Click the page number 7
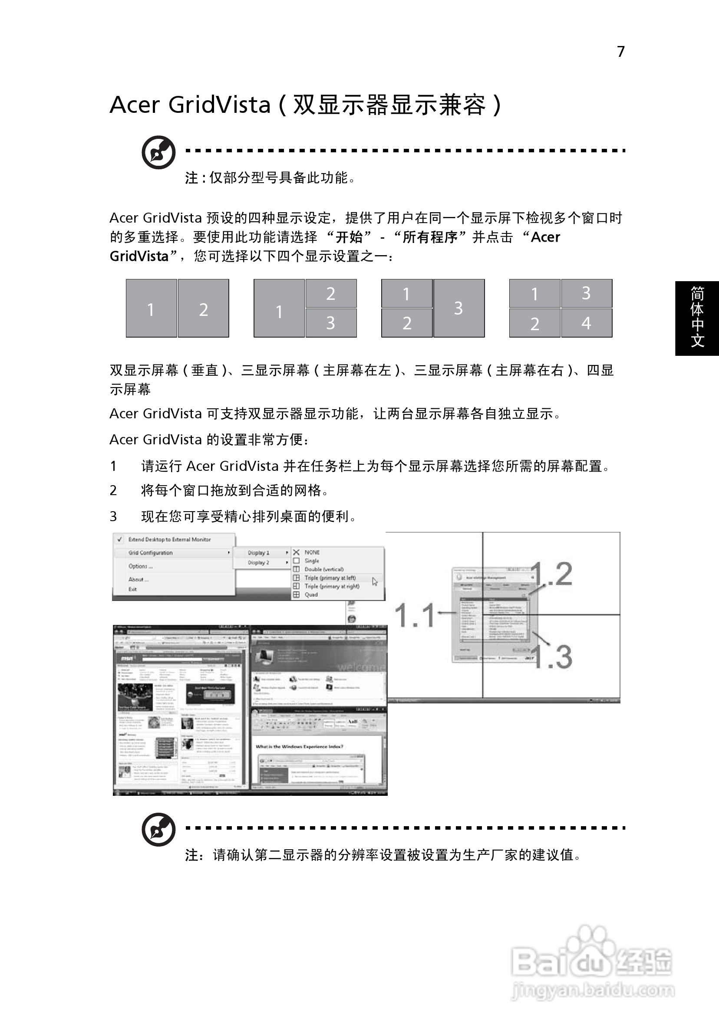pyautogui.click(x=620, y=52)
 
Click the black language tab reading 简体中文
pyautogui.click(x=696, y=318)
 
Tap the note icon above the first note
pyautogui.click(x=158, y=152)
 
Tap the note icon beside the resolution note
pyautogui.click(x=158, y=829)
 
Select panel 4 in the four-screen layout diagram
pyautogui.click(x=587, y=323)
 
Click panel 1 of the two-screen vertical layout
pyautogui.click(x=151, y=309)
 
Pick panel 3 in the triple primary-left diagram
pyautogui.click(x=331, y=323)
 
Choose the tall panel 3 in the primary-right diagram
pyautogui.click(x=458, y=309)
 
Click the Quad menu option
pyautogui.click(x=311, y=594)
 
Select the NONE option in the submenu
pyautogui.click(x=312, y=552)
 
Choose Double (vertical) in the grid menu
pyautogui.click(x=323, y=569)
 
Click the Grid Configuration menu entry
pyautogui.click(x=151, y=553)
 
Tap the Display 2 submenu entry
pyautogui.click(x=258, y=563)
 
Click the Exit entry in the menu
pyautogui.click(x=132, y=589)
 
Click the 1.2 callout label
pyautogui.click(x=553, y=574)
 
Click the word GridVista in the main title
pyautogui.click(x=219, y=105)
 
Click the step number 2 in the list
pyautogui.click(x=113, y=490)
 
